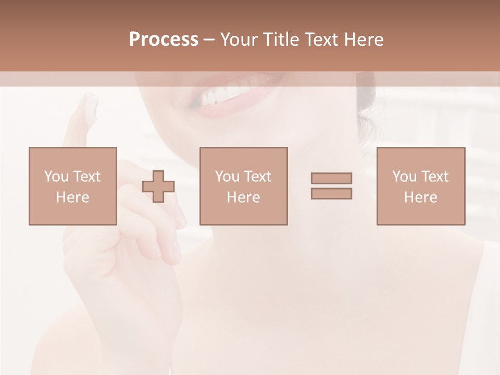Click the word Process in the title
(164, 40)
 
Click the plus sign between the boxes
(158, 186)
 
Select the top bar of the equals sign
(331, 178)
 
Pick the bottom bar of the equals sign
(331, 194)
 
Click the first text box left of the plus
(73, 186)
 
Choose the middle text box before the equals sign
(244, 186)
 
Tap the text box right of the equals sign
(421, 186)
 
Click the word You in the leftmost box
(56, 176)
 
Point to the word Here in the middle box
(244, 197)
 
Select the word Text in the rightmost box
(434, 176)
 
